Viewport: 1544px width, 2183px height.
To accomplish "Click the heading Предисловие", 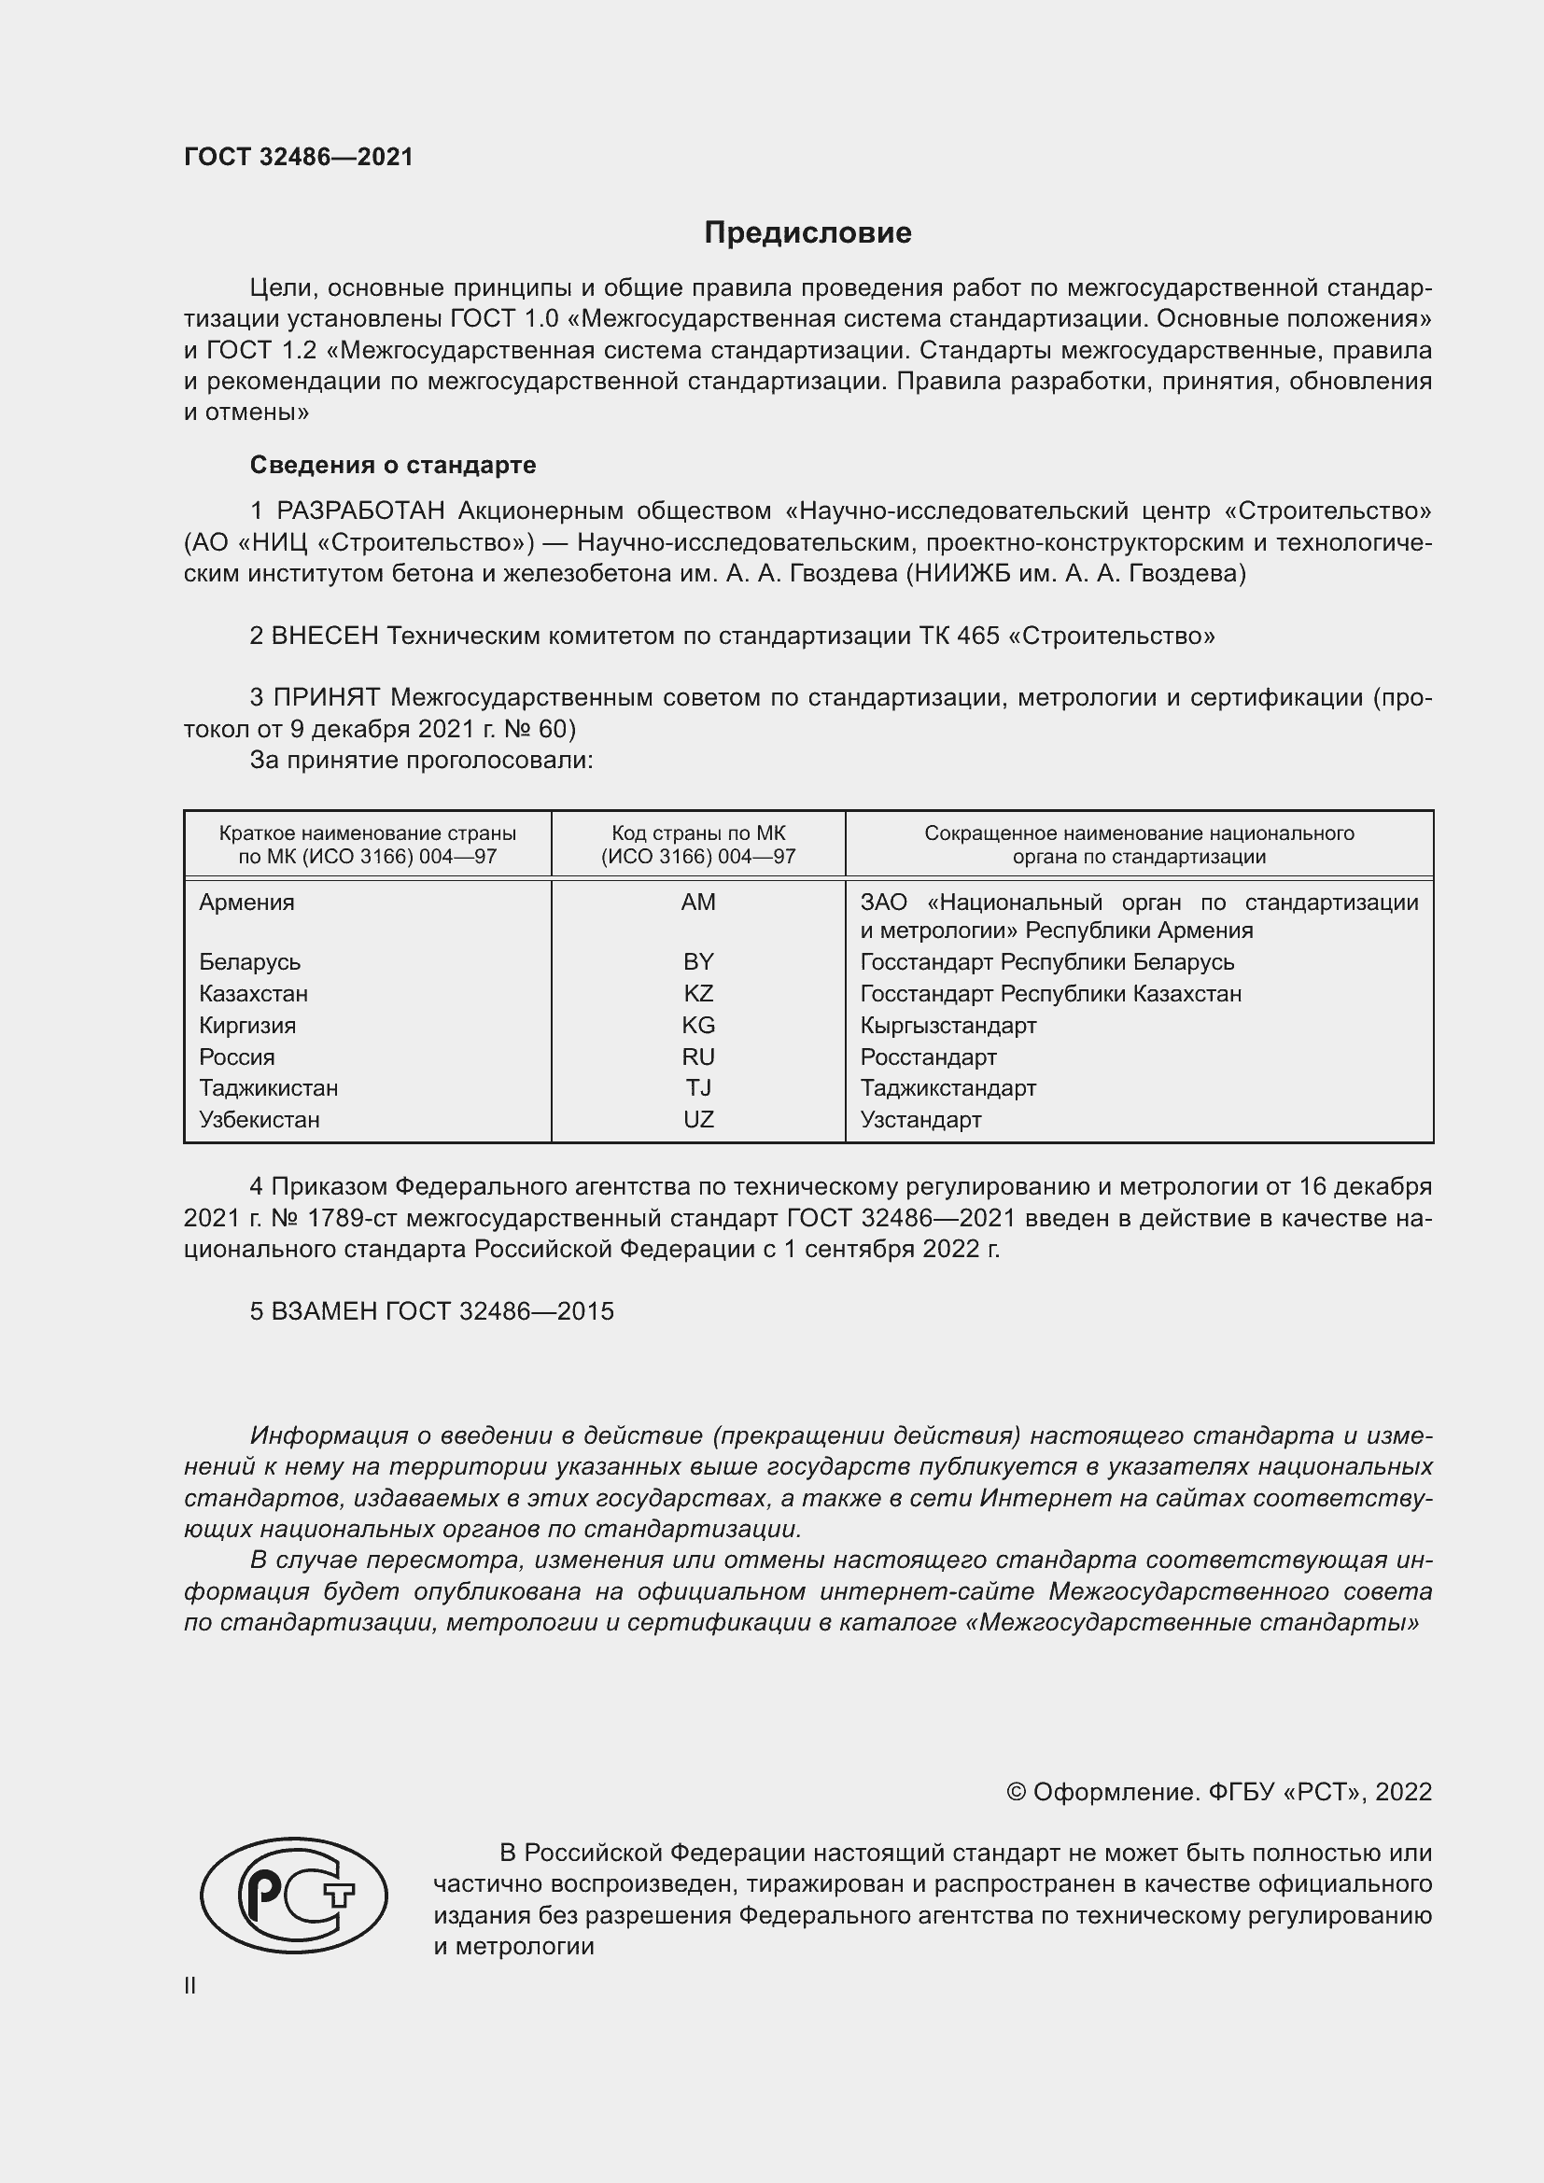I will point(807,233).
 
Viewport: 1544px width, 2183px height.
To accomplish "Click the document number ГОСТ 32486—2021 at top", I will point(299,157).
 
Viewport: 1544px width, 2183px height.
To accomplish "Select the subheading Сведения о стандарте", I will point(393,465).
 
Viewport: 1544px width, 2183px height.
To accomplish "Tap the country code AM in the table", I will point(698,903).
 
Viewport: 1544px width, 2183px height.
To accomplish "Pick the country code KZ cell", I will point(698,994).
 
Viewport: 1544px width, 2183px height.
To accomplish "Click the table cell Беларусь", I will point(249,962).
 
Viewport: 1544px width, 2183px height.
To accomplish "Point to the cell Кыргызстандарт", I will point(947,1026).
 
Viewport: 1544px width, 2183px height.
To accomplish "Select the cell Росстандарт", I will point(928,1057).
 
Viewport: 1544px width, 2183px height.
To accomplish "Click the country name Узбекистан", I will point(259,1120).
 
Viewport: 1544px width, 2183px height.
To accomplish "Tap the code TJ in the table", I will point(698,1087).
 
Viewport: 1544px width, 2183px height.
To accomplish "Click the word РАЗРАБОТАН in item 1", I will point(360,511).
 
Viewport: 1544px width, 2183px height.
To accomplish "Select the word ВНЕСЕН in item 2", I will point(325,637).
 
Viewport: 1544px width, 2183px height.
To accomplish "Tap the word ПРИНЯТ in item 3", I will point(327,698).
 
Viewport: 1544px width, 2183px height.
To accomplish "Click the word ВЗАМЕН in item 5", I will point(325,1311).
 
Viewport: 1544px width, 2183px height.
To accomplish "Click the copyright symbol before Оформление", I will point(1016,1792).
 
